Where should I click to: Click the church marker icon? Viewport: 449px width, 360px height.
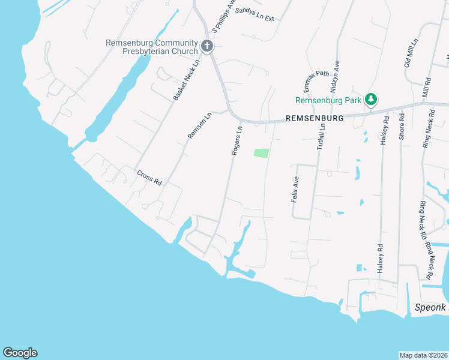[207, 46]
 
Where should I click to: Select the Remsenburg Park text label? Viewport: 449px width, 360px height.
[328, 100]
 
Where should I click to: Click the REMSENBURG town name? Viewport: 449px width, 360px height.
[315, 119]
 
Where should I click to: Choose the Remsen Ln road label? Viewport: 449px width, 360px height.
[200, 125]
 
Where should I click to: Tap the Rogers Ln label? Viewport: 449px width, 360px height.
[237, 141]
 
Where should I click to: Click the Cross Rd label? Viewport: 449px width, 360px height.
[149, 178]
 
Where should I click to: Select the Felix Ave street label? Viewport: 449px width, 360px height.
[295, 189]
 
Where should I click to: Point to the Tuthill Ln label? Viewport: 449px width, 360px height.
[322, 136]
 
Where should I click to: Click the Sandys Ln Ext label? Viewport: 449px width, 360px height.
[255, 14]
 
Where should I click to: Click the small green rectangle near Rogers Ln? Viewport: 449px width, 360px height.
[261, 153]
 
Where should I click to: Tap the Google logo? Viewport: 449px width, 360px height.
[20, 353]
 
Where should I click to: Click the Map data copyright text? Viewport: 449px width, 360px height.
[423, 355]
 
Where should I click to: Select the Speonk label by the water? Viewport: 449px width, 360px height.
[431, 307]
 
